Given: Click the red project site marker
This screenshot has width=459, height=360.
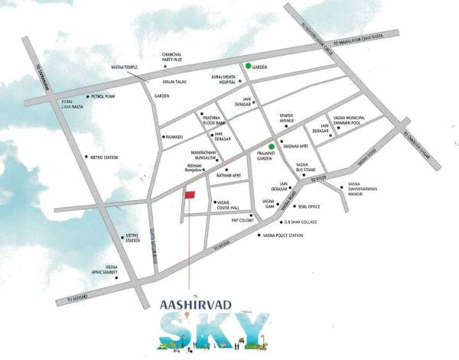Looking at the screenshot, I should pos(189,196).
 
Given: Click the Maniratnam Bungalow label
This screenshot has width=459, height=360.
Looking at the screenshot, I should pos(207,157).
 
